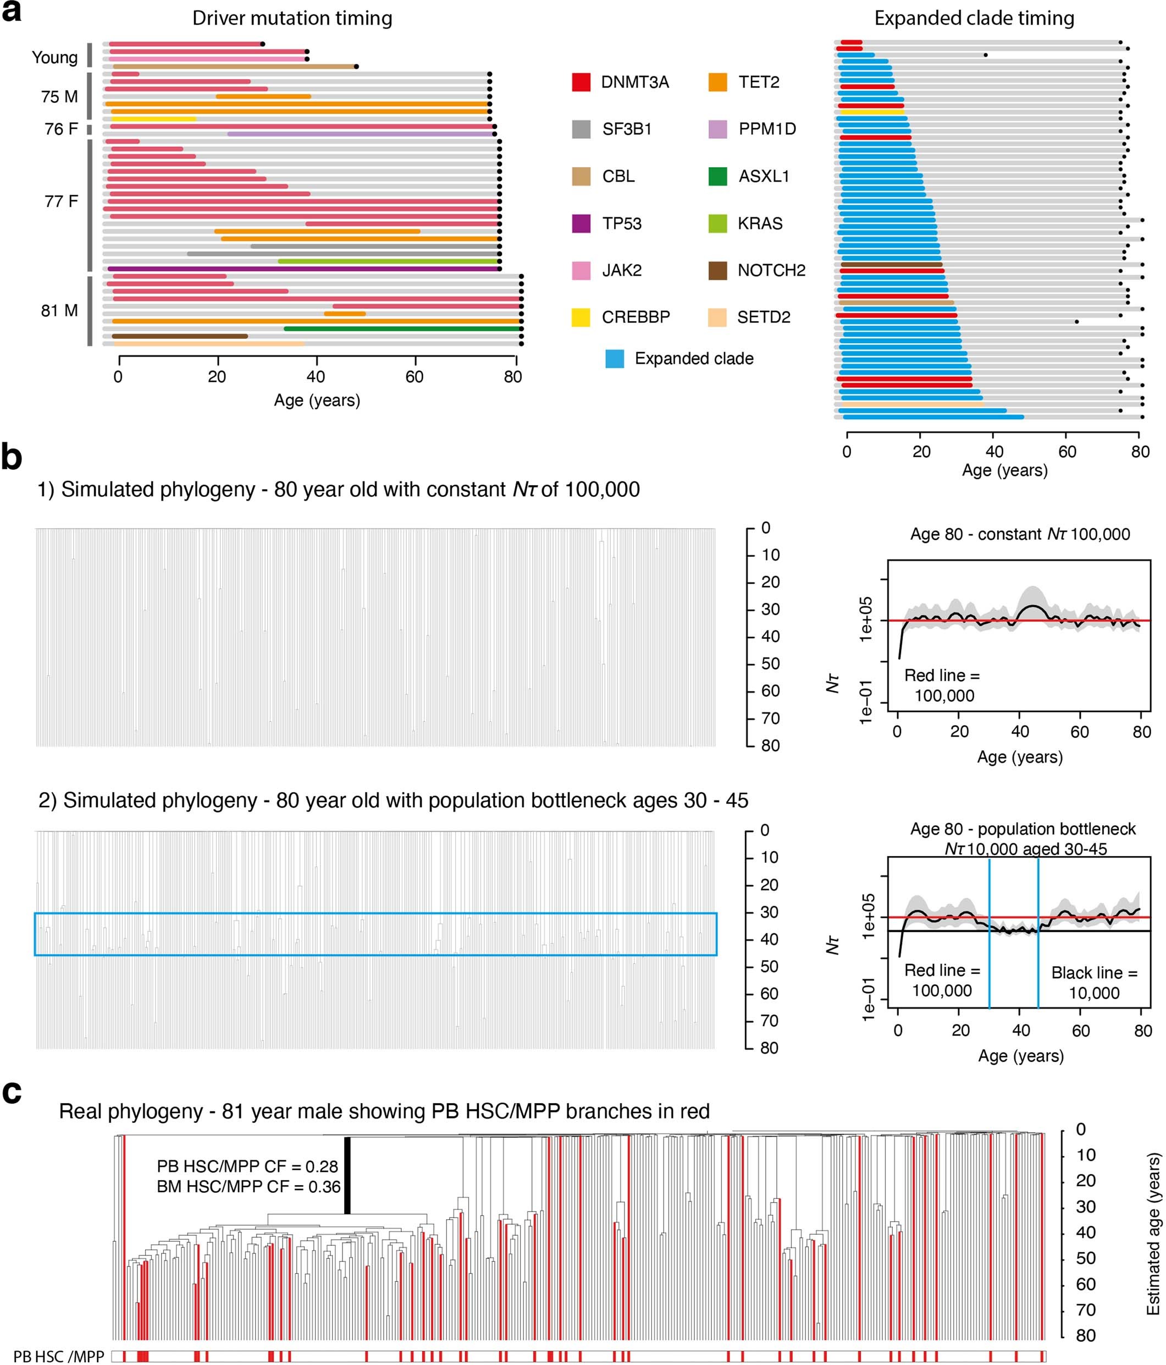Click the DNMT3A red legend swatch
(581, 83)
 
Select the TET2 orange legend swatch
(717, 83)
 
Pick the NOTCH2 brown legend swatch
(717, 270)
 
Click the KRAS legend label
(760, 223)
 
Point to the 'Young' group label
(54, 57)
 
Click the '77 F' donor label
(60, 201)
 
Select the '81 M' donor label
(59, 310)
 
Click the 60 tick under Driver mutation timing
(414, 377)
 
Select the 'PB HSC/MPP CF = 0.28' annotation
(247, 1166)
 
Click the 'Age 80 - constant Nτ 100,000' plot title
(1019, 534)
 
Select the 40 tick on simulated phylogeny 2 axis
(769, 939)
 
